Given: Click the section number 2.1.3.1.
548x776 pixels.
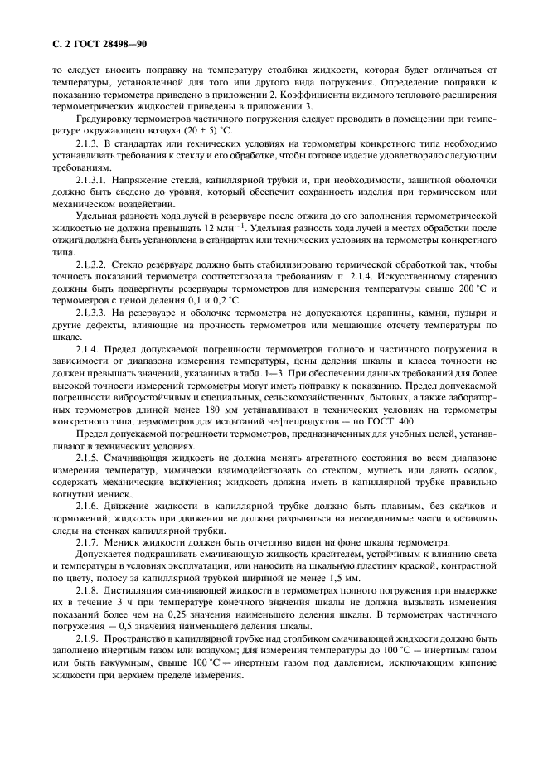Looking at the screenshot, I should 94,180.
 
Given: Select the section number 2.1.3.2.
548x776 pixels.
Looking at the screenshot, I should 94,264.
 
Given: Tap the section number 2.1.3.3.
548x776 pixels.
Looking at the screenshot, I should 94,313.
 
